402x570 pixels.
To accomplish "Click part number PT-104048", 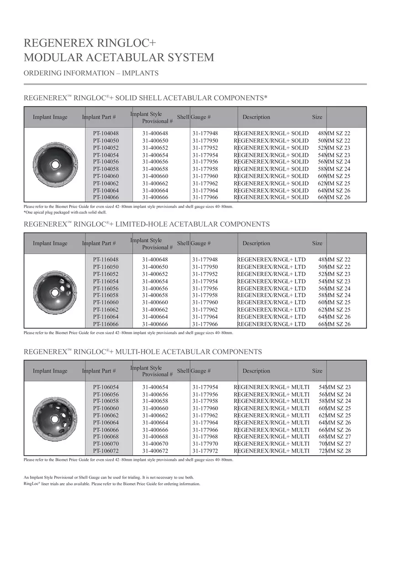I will (106, 133).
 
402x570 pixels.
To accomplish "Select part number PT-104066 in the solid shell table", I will (106, 197).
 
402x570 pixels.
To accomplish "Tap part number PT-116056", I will (106, 288).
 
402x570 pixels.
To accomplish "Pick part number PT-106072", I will (106, 451).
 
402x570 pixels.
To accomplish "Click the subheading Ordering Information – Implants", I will (91, 73).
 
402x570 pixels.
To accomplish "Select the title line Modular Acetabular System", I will (119, 58).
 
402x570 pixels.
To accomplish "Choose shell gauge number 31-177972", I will (205, 451).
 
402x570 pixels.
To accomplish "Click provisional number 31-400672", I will (155, 451).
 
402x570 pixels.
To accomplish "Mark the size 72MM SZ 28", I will (335, 451).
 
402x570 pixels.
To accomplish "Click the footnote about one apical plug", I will (65, 213).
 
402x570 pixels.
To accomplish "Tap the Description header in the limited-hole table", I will (256, 243).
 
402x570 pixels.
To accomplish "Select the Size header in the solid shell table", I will (317, 117).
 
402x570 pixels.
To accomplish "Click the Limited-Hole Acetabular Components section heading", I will (147, 224).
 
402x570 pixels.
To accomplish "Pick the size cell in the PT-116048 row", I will (334, 260).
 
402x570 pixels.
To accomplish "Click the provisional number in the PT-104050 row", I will (155, 141).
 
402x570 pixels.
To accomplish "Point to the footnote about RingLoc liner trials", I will (112, 484).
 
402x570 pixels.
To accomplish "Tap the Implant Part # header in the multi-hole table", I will (99, 371).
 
